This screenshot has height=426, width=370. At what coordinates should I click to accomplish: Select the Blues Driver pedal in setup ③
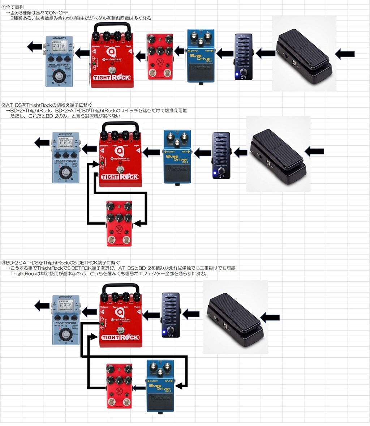point(160,385)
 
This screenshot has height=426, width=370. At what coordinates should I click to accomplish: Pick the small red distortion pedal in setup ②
point(119,223)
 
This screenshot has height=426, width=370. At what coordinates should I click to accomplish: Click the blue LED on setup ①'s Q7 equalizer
point(237,75)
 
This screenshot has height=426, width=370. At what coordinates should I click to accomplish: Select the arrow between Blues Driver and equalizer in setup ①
point(225,54)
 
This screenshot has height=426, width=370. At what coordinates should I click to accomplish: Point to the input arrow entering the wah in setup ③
point(270,318)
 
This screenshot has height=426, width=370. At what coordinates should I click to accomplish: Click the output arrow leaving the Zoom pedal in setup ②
point(42,143)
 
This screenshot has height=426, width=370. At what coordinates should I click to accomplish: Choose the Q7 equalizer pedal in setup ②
point(221,156)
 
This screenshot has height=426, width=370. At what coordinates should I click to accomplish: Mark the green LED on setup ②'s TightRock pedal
point(103,163)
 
